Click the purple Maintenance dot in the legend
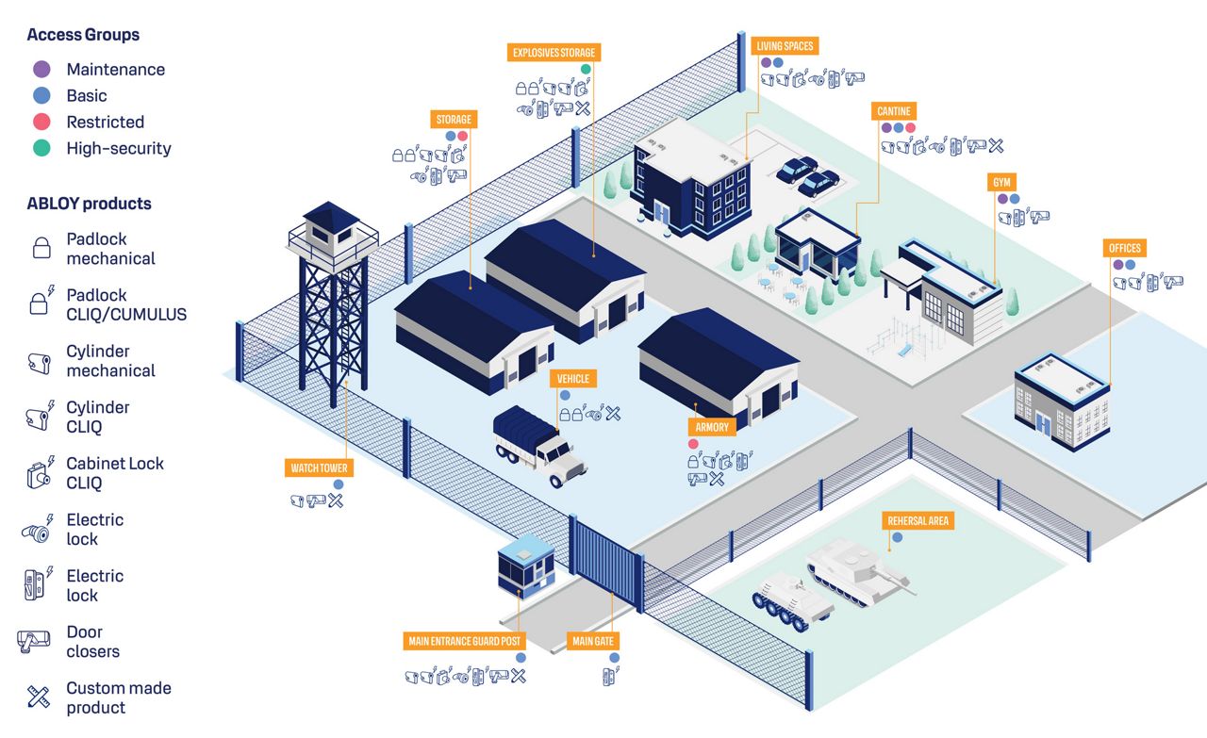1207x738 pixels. [41, 69]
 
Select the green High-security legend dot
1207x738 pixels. [41, 148]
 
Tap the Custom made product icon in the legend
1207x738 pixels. [39, 697]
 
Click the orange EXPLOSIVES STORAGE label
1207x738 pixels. [554, 53]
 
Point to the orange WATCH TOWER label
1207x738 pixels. [320, 467]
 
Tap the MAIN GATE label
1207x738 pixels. [593, 641]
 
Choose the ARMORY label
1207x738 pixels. [712, 427]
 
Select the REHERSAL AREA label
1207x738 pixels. [918, 520]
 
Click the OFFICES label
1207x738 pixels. [1124, 248]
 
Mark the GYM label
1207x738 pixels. [1000, 182]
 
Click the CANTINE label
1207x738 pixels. [894, 111]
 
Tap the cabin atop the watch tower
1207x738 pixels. [331, 227]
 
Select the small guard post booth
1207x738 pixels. [525, 566]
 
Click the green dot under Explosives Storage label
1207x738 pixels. [586, 69]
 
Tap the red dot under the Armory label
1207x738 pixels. [693, 443]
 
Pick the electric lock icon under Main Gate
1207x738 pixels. [609, 675]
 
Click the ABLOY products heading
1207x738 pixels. [89, 204]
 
